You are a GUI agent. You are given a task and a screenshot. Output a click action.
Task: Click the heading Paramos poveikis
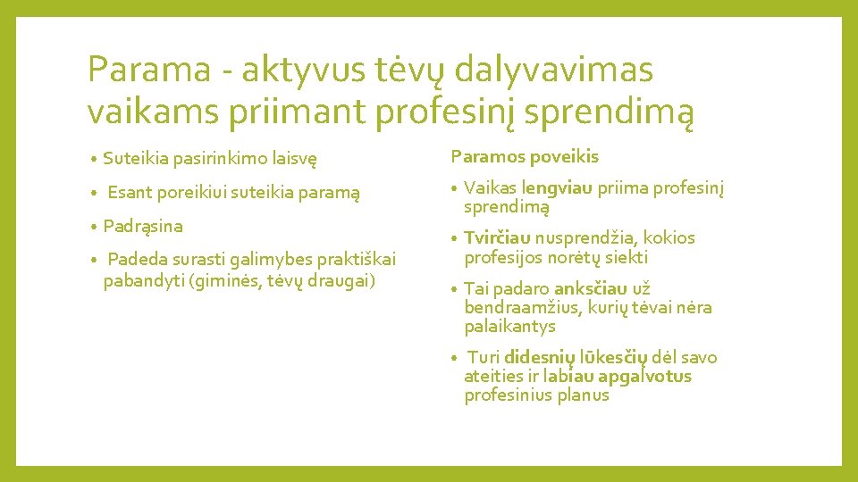[x=525, y=157]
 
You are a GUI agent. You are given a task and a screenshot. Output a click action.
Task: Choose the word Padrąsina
[x=143, y=226]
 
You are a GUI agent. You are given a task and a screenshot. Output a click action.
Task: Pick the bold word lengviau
[x=553, y=188]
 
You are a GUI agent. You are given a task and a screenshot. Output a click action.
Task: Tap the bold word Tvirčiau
[x=498, y=238]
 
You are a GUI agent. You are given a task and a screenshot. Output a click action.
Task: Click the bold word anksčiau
[x=591, y=288]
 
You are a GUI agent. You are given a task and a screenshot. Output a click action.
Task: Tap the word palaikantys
[x=509, y=326]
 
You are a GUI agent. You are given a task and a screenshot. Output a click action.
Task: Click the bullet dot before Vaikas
[x=455, y=189]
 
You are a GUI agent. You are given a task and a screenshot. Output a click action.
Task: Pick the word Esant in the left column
[x=130, y=192]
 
